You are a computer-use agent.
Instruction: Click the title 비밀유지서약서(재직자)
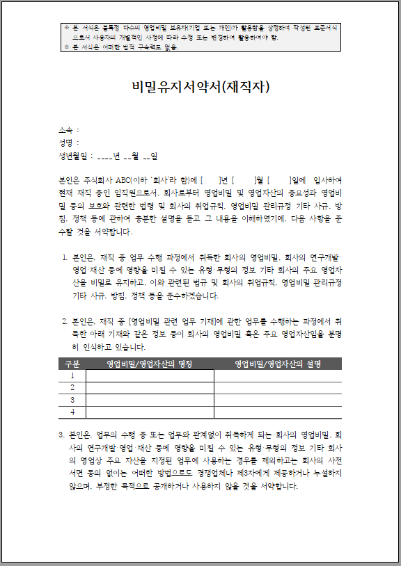pos(200,87)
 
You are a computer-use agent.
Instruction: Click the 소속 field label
pos(66,130)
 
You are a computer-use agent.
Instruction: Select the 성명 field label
pos(66,143)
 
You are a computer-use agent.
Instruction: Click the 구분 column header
pos(72,364)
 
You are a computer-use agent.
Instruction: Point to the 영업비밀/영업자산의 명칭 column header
pos(150,364)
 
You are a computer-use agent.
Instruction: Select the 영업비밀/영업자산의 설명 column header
pos(277,364)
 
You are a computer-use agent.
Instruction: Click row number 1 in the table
pos(72,375)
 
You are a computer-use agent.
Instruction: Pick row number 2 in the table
pos(72,387)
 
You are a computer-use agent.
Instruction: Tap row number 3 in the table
pos(72,400)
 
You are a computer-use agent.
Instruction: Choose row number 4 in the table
pos(72,412)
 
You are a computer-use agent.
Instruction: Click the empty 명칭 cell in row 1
pos(150,375)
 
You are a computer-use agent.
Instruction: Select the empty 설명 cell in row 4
pos(277,412)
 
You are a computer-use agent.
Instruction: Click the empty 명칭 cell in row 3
pos(150,400)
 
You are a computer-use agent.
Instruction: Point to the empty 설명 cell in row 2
pos(277,387)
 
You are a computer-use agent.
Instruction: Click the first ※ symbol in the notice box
pos(66,27)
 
